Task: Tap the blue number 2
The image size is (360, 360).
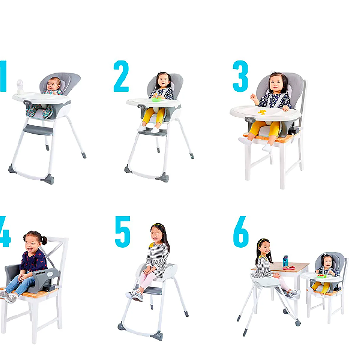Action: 121,76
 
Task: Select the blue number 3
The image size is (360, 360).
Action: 240,77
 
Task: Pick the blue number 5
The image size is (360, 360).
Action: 122,232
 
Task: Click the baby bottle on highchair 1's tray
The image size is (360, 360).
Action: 20,87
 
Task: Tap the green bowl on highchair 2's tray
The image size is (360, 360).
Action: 156,99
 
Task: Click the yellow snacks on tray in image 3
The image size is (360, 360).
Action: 262,112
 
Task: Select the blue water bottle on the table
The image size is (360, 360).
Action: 285,261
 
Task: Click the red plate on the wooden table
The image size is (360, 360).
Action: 289,268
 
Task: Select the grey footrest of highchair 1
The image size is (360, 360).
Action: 38,129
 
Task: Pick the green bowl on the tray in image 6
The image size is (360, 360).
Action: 321,275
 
